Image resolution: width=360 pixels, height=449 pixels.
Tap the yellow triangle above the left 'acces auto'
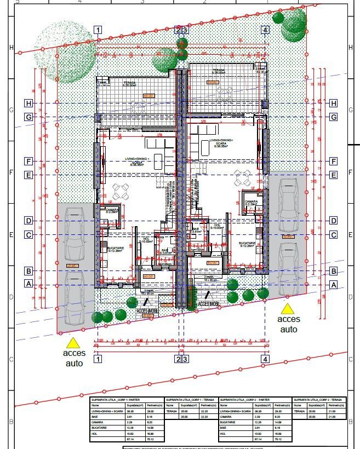73,343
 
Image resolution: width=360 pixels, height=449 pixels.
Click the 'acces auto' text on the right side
289,324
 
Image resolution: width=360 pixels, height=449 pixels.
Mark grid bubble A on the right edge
333,285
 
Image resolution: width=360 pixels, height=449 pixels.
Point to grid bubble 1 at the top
98,30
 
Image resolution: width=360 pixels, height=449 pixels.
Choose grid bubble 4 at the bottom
265,359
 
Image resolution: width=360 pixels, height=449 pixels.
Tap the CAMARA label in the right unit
252,202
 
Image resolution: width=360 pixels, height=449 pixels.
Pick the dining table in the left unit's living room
121,192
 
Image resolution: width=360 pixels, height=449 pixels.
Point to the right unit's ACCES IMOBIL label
210,303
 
